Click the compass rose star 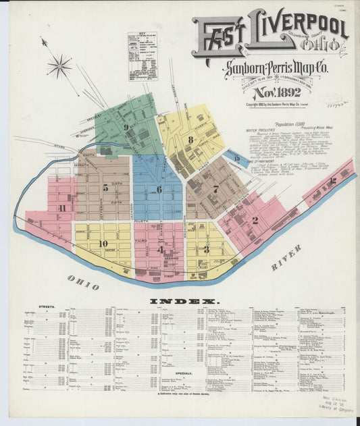tap(59, 65)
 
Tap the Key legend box tap(142, 56)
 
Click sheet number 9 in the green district tap(125, 126)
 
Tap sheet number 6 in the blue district tap(159, 189)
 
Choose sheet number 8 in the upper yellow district tap(191, 140)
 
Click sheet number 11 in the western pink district tap(61, 208)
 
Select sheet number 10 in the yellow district tap(103, 244)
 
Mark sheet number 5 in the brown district tap(105, 188)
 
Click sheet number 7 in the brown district tap(215, 189)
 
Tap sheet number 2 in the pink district tap(255, 220)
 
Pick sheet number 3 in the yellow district tap(206, 249)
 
